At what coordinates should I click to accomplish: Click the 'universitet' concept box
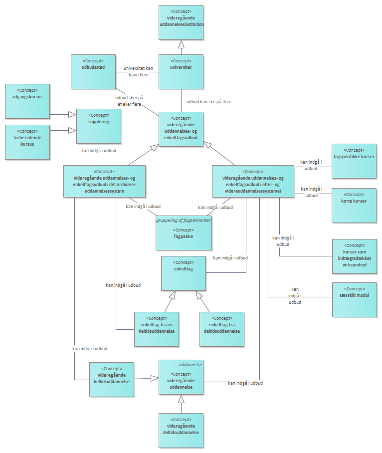181,71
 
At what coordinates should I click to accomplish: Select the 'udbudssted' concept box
93,71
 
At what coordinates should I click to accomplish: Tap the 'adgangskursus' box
27,101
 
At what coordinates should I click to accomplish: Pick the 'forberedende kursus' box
27,142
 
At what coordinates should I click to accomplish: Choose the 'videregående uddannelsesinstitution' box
181,22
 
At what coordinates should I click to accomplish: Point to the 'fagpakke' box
184,235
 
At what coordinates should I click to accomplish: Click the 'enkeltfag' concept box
184,273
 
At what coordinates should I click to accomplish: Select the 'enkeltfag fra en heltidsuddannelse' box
157,329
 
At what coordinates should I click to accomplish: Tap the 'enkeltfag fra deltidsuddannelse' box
221,329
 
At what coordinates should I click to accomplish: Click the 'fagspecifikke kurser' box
355,161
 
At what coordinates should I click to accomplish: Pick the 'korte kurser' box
355,205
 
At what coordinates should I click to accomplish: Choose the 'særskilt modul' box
355,299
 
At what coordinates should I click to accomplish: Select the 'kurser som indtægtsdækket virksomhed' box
355,256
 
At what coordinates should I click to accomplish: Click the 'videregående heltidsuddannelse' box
112,379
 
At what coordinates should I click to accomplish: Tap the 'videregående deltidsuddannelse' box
181,431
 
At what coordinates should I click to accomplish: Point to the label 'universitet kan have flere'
138,71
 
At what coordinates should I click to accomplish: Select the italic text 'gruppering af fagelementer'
183,220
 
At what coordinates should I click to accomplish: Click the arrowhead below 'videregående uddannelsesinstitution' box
181,44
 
